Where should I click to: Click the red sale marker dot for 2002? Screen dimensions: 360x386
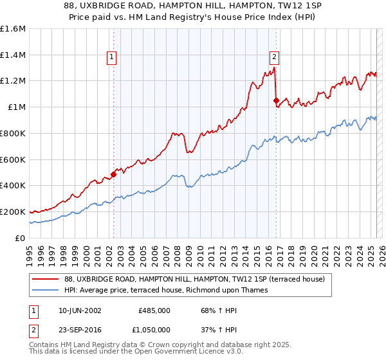(x=113, y=174)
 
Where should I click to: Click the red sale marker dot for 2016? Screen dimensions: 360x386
(x=276, y=100)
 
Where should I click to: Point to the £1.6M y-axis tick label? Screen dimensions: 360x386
(x=14, y=29)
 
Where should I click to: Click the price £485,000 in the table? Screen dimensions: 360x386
(x=154, y=310)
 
